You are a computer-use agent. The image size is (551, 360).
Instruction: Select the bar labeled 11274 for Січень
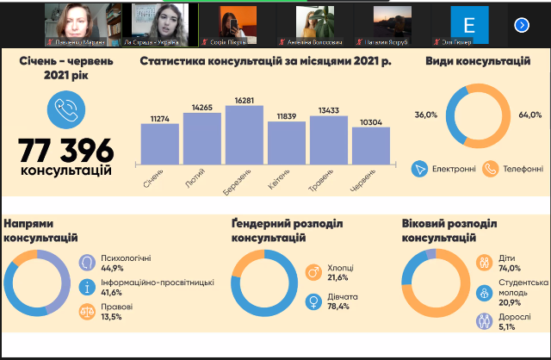pyautogui.click(x=159, y=143)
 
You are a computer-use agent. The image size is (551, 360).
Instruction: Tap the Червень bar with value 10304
pyautogui.click(x=370, y=145)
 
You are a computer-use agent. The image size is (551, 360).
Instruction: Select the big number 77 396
pyautogui.click(x=65, y=149)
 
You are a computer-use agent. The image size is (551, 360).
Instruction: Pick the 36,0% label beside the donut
pyautogui.click(x=427, y=115)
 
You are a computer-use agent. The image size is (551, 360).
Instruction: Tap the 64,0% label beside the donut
pyautogui.click(x=530, y=115)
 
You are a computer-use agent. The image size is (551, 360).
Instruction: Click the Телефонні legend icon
pyautogui.click(x=491, y=168)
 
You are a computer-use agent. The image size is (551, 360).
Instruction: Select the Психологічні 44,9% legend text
pyautogui.click(x=127, y=262)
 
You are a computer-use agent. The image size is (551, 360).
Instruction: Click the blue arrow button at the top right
pyautogui.click(x=522, y=25)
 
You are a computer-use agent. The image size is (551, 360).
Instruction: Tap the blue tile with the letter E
pyautogui.click(x=470, y=23)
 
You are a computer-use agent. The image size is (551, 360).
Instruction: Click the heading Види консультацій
pyautogui.click(x=478, y=62)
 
